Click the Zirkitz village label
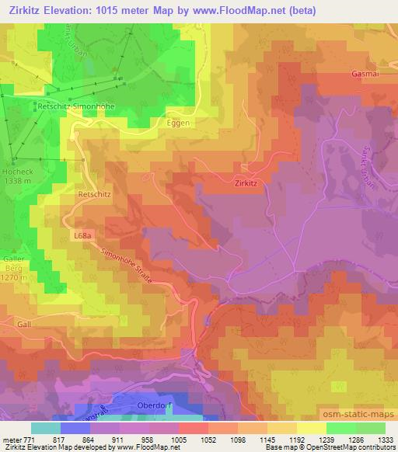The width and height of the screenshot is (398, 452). [x=245, y=183]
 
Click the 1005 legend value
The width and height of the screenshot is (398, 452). [x=177, y=439]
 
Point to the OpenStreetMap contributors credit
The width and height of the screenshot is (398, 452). [x=349, y=447]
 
